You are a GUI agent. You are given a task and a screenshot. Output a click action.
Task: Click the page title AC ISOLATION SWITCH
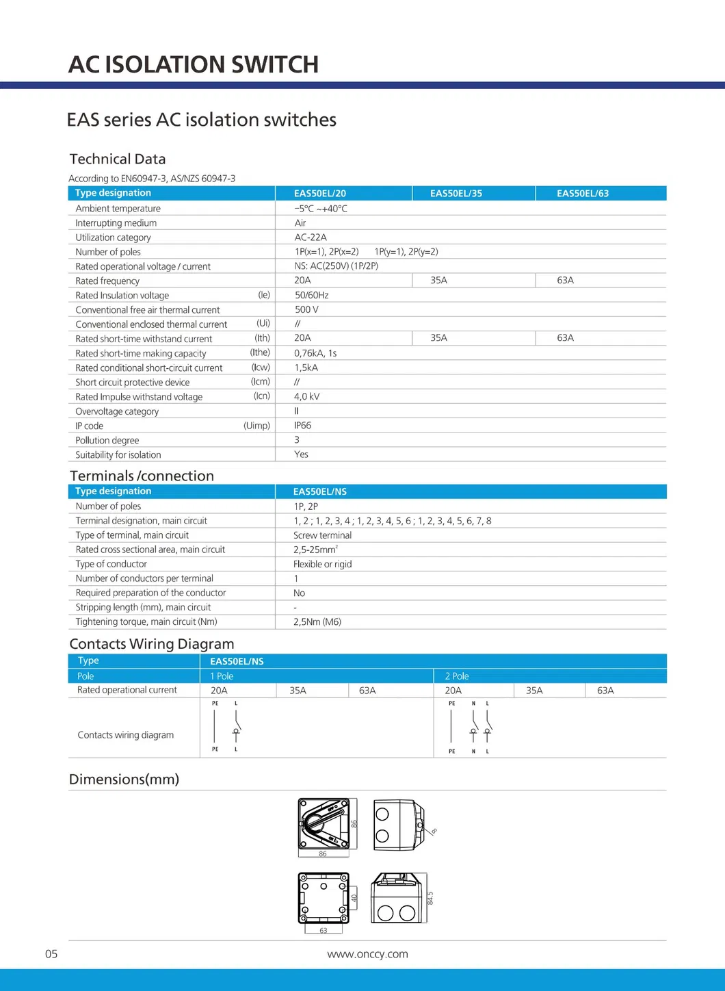pyautogui.click(x=194, y=64)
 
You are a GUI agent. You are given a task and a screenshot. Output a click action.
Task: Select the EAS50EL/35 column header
pyautogui.click(x=456, y=194)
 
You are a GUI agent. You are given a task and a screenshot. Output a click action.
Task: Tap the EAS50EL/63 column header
pyautogui.click(x=582, y=194)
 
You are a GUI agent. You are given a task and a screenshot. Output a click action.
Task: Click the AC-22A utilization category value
pyautogui.click(x=311, y=237)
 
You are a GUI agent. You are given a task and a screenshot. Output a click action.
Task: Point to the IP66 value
pyautogui.click(x=302, y=426)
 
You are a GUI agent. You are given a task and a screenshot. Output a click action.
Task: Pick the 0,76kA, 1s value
pyautogui.click(x=315, y=353)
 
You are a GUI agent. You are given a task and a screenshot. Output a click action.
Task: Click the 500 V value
pyautogui.click(x=306, y=309)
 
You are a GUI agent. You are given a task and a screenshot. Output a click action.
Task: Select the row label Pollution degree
pyautogui.click(x=107, y=440)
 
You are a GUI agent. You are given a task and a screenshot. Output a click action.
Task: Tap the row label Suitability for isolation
pyautogui.click(x=118, y=455)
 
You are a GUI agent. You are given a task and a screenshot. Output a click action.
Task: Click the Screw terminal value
pyautogui.click(x=322, y=535)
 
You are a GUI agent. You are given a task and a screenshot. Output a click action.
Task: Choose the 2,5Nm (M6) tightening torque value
pyautogui.click(x=317, y=621)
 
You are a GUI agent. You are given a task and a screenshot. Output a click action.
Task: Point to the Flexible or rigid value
pyautogui.click(x=322, y=564)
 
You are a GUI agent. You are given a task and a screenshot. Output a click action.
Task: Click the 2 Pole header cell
pyautogui.click(x=457, y=676)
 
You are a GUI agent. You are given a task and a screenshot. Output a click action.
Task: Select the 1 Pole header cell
pyautogui.click(x=222, y=676)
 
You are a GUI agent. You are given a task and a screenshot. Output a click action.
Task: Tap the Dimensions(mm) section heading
pyautogui.click(x=124, y=780)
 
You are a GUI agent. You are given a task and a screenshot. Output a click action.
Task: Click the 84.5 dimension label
pyautogui.click(x=430, y=898)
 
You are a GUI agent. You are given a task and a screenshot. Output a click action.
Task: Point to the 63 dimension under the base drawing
pyautogui.click(x=324, y=931)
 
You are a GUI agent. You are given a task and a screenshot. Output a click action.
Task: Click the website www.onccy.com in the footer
pyautogui.click(x=367, y=954)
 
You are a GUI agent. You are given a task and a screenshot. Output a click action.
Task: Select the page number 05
pyautogui.click(x=51, y=954)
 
